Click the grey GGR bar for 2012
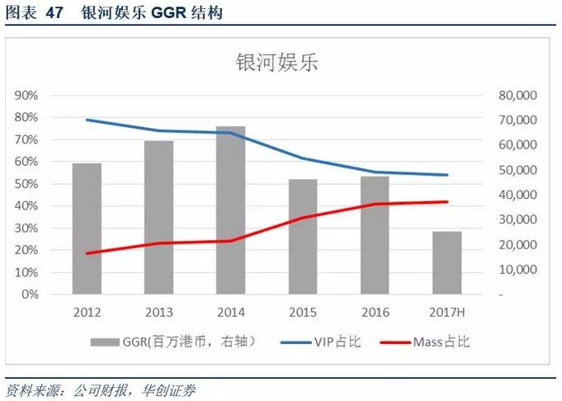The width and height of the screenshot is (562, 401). (x=87, y=229)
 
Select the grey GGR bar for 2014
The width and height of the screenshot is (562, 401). (x=231, y=210)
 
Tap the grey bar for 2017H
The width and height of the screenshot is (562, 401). (x=446, y=262)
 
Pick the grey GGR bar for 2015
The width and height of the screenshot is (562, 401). (x=303, y=236)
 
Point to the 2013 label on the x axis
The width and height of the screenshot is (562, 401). (x=158, y=312)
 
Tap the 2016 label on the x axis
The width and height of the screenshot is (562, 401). (x=375, y=312)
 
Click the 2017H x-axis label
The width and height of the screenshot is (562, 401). (x=446, y=312)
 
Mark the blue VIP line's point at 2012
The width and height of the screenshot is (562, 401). (x=87, y=120)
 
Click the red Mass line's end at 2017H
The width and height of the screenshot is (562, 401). (x=446, y=201)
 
